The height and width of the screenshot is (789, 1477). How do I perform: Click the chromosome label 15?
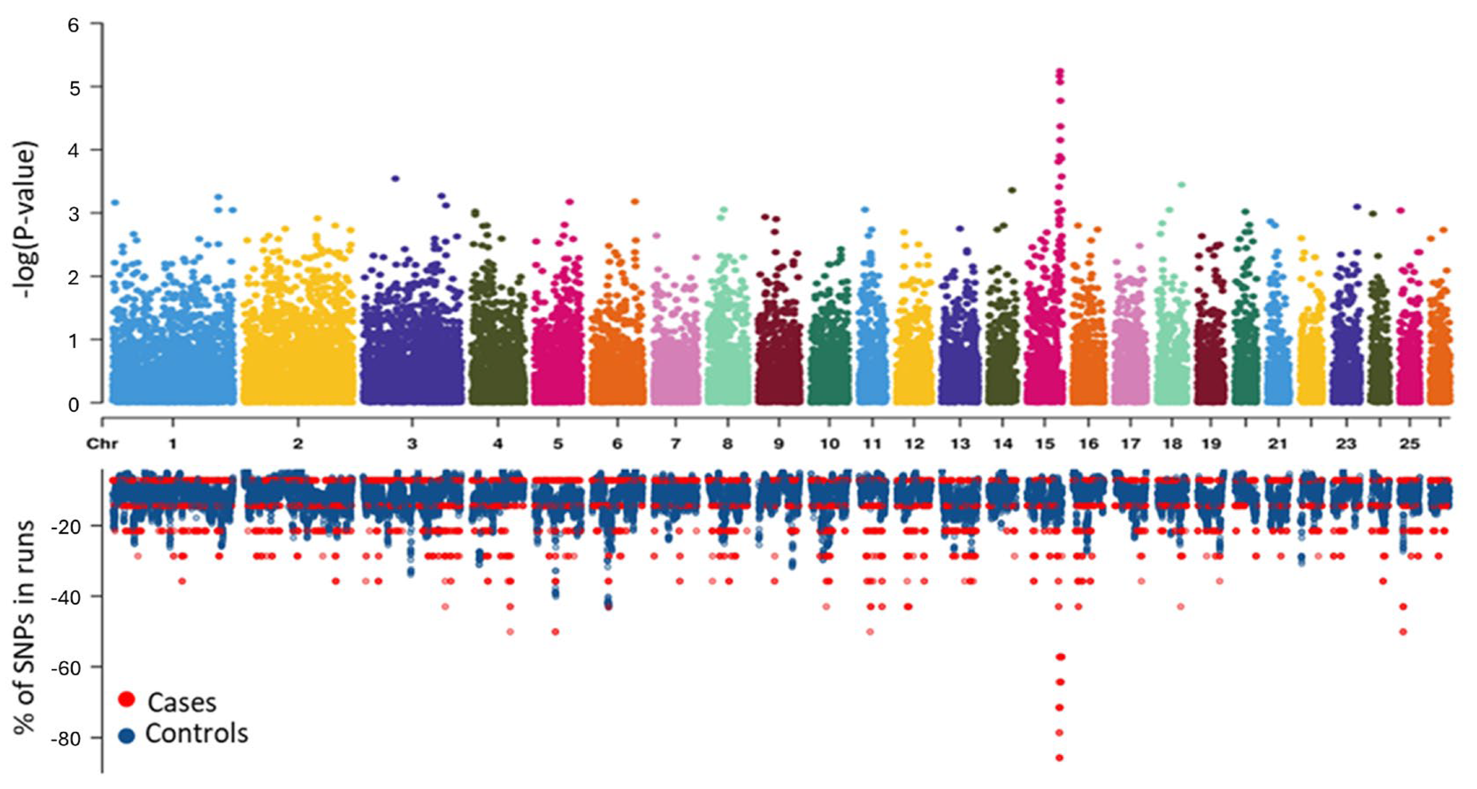pyautogui.click(x=1045, y=444)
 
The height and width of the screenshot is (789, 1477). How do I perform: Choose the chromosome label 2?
pyautogui.click(x=298, y=444)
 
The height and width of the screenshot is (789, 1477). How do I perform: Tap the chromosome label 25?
pyautogui.click(x=1409, y=444)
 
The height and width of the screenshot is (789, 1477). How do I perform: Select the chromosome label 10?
pyautogui.click(x=829, y=444)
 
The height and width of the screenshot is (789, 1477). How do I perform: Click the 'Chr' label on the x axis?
pyautogui.click(x=102, y=444)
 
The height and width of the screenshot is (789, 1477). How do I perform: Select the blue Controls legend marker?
pyautogui.click(x=126, y=735)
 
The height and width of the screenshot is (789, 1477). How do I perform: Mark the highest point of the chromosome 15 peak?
pyautogui.click(x=1059, y=72)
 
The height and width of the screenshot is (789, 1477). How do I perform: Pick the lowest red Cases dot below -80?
pyautogui.click(x=1059, y=758)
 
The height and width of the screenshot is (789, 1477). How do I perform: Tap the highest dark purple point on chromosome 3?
pyautogui.click(x=395, y=178)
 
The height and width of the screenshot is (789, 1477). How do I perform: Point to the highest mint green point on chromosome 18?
pyautogui.click(x=1181, y=184)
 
